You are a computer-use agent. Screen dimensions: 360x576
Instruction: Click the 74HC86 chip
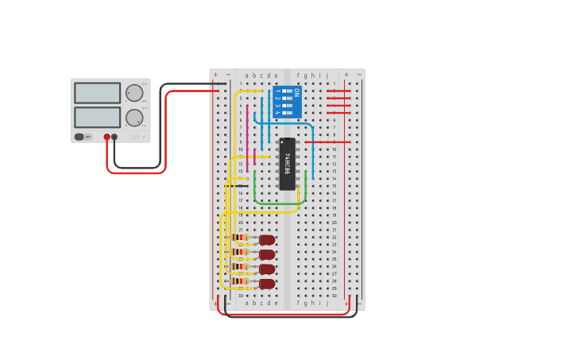[x=287, y=164]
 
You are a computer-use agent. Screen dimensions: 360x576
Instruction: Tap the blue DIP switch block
[x=287, y=102]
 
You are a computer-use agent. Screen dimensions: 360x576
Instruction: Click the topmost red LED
[x=267, y=240]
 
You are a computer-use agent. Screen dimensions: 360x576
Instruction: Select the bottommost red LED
[x=267, y=284]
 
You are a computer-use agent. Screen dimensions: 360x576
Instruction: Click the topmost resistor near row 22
[x=240, y=238]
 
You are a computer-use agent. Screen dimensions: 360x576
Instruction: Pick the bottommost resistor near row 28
[x=240, y=281]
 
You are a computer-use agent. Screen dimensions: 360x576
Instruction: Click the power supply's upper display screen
[x=97, y=93]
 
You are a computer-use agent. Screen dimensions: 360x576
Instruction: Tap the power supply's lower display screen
[x=97, y=117]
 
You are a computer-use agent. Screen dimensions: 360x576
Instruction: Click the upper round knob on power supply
[x=134, y=93]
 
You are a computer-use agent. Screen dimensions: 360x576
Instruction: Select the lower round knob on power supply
[x=134, y=118]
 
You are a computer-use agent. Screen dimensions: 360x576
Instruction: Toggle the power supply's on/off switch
[x=79, y=137]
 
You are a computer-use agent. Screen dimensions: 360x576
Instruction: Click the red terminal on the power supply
[x=106, y=137]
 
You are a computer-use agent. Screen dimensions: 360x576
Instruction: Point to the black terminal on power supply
[x=114, y=137]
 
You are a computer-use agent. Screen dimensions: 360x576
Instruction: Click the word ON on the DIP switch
[x=296, y=93]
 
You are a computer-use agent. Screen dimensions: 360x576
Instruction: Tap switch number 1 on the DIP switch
[x=286, y=91]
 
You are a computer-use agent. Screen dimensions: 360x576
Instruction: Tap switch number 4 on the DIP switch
[x=286, y=112]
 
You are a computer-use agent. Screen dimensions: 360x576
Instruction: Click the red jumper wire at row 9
[x=326, y=142]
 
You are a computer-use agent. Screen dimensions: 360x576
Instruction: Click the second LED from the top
[x=267, y=255]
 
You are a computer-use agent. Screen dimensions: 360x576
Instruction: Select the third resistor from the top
[x=240, y=267]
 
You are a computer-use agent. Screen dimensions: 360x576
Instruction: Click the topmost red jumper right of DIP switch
[x=338, y=91]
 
